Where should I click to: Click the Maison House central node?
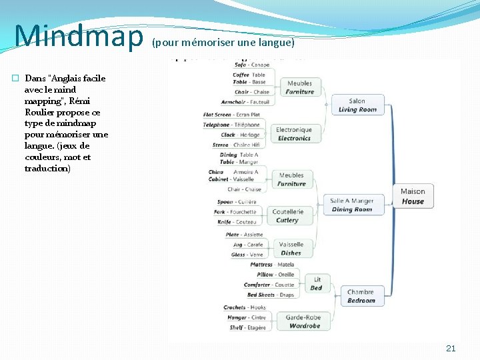(413, 197)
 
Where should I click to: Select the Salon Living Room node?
(357, 105)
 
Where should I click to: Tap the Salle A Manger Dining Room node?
(352, 205)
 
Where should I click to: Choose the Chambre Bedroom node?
(361, 296)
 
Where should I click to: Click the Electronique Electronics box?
(294, 134)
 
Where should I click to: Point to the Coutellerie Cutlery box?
(288, 216)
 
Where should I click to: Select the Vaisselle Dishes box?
(291, 249)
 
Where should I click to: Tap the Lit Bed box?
(317, 283)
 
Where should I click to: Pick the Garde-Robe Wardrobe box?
(304, 321)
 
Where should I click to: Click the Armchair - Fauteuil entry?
(245, 102)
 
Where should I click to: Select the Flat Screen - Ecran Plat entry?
(231, 115)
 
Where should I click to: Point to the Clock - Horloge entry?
(240, 135)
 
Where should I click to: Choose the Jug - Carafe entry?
(247, 245)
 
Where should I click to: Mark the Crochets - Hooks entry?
(244, 307)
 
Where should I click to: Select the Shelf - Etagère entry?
(247, 327)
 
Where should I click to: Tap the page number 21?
(451, 348)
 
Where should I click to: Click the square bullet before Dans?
(15, 78)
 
